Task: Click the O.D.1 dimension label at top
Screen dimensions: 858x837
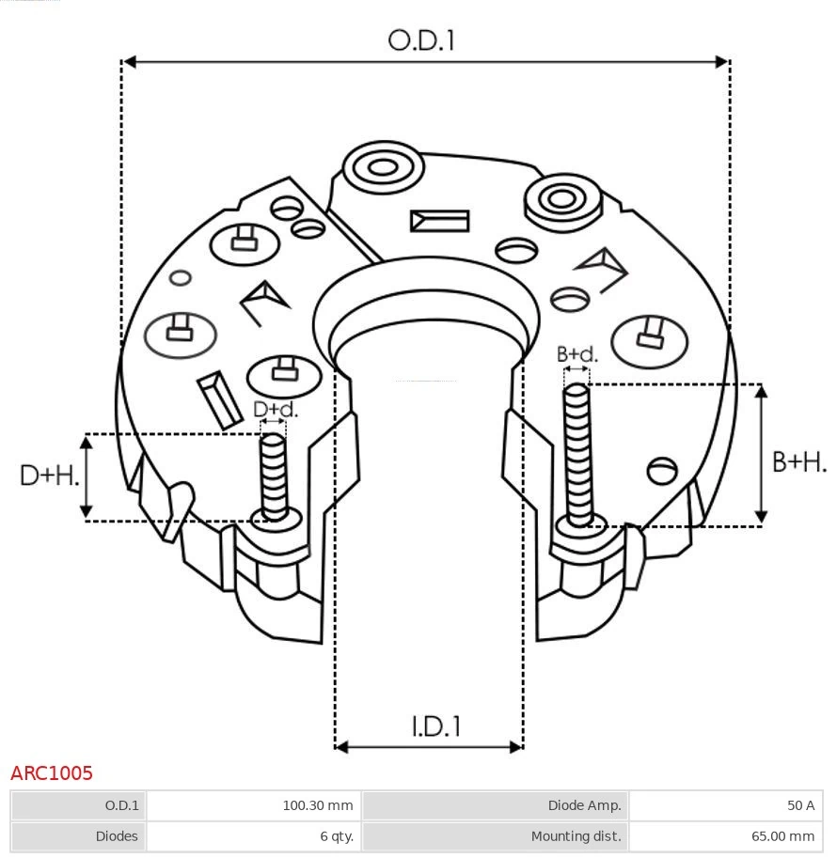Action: tap(421, 40)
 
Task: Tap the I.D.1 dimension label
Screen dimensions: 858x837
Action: tap(435, 726)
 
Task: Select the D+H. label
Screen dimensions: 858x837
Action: tap(49, 476)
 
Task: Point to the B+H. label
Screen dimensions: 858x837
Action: tap(798, 461)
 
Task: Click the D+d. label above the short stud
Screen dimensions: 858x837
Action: tap(275, 410)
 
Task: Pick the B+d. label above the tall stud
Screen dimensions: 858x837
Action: tap(576, 354)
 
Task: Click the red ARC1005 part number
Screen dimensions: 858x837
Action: tap(52, 773)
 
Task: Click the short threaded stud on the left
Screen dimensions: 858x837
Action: tap(274, 476)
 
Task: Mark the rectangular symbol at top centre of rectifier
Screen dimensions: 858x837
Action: tap(439, 221)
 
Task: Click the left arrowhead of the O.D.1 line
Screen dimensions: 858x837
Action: tap(130, 62)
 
